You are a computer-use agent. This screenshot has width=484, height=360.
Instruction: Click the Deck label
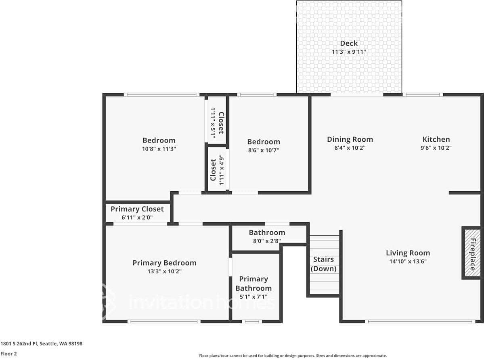tap(349, 43)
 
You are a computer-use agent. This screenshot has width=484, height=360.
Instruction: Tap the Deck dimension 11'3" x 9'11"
tap(349, 52)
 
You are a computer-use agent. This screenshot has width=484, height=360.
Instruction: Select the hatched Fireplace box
tap(472, 253)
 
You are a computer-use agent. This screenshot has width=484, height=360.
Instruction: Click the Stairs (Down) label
tap(323, 264)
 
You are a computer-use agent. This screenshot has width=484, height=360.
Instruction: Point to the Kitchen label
tap(436, 139)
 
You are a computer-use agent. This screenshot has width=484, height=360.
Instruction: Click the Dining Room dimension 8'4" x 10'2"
tap(350, 148)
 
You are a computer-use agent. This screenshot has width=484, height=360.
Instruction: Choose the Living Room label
tap(408, 253)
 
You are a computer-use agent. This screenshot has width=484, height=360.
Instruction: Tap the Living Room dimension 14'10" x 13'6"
tap(408, 261)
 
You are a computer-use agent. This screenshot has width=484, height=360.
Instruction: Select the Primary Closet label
tap(137, 209)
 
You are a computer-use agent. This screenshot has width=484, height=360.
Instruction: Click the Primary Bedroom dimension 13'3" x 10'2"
tap(165, 272)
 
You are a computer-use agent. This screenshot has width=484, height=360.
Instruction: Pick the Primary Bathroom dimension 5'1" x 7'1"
tap(254, 297)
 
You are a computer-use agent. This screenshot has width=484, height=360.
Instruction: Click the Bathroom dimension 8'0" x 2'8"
tap(267, 241)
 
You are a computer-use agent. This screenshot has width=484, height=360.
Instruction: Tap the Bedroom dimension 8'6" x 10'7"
tap(264, 150)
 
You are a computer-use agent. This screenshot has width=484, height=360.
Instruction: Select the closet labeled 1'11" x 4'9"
tap(217, 170)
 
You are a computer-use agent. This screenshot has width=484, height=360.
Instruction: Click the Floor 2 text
tap(8, 354)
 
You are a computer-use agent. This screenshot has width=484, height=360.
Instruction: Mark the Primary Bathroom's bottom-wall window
tap(252, 321)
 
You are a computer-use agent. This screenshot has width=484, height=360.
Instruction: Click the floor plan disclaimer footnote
tap(293, 356)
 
